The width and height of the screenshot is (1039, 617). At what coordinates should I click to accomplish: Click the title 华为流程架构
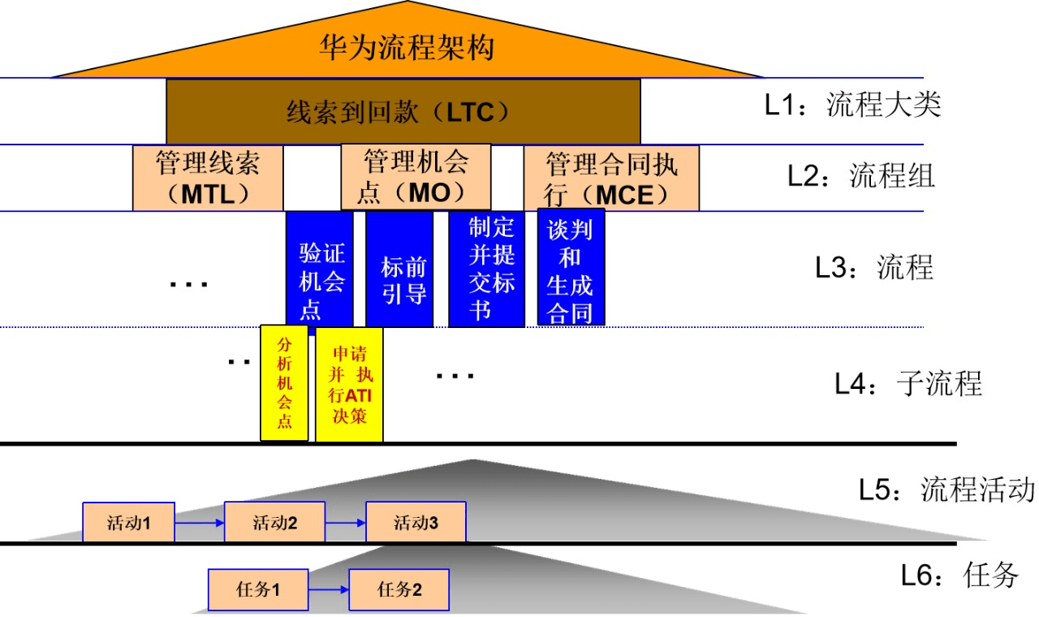(407, 47)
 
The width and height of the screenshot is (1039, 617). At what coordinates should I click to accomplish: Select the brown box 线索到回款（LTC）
(403, 111)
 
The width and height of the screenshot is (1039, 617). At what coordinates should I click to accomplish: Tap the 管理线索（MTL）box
(208, 179)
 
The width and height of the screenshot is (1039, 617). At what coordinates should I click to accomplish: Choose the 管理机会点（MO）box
(416, 177)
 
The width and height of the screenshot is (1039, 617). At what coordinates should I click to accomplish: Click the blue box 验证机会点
(320, 270)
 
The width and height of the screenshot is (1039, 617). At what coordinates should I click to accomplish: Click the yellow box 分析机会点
(284, 382)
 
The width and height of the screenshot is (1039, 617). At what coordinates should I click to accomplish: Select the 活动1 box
(128, 522)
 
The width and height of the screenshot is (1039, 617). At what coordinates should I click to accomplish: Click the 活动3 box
(416, 522)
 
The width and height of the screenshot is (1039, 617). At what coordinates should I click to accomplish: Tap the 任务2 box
(399, 589)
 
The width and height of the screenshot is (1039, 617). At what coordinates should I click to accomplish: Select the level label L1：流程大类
(852, 106)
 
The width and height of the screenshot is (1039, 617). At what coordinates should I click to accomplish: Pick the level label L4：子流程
(908, 382)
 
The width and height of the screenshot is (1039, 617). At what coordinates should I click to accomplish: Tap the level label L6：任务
(959, 576)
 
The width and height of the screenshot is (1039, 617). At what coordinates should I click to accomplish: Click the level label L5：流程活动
(946, 490)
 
